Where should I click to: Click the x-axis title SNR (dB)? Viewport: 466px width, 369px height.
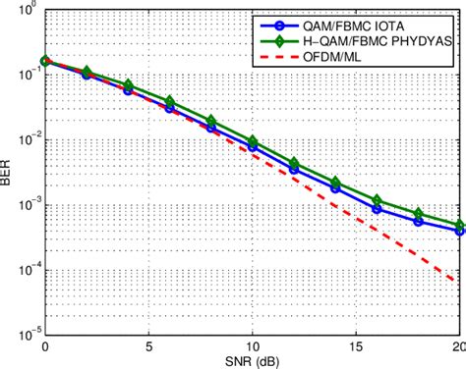(253, 359)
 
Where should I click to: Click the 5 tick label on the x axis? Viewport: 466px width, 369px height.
(148, 345)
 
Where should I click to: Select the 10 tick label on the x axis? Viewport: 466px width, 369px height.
(253, 345)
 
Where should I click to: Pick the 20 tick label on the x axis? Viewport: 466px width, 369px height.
(458, 345)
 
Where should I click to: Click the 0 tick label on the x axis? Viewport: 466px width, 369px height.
(44, 345)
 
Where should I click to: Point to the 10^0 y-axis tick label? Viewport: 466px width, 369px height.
(28, 11)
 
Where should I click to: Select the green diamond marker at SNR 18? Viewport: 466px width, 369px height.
(419, 213)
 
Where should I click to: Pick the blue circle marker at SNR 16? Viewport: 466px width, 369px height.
(378, 208)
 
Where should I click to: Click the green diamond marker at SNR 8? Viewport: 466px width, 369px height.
(210, 121)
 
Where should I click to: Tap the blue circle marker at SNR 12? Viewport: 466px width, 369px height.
(294, 169)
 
